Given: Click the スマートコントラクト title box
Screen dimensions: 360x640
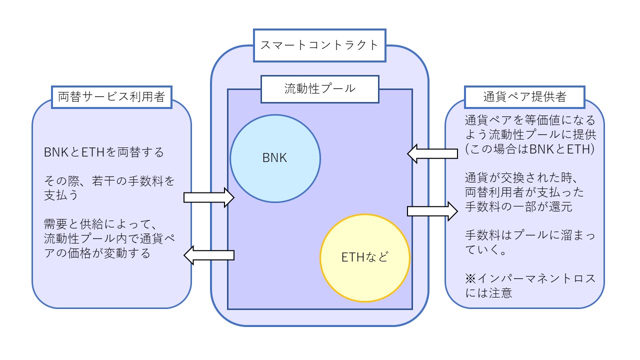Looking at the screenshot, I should pos(319,45).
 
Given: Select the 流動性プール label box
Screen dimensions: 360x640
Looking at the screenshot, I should pos(319,89).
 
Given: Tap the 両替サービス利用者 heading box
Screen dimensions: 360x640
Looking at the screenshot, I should pos(111,97).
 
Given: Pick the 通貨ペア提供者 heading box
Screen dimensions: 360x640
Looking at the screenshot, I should pos(524,97).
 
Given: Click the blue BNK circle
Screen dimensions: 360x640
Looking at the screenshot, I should pos(275,158).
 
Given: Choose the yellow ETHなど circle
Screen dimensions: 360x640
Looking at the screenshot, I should pos(364,257).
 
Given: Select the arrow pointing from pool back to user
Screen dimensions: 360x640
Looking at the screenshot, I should pos(209,255).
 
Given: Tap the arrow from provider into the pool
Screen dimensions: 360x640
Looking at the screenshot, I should pos(432,153).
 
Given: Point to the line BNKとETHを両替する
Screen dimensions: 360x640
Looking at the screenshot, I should pos(104,152).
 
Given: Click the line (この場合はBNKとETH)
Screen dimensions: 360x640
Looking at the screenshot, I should pos(529,149).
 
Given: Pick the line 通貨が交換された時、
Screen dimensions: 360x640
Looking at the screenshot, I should pos(515,178).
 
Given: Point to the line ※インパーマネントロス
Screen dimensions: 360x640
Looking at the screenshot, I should pos(530,278).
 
